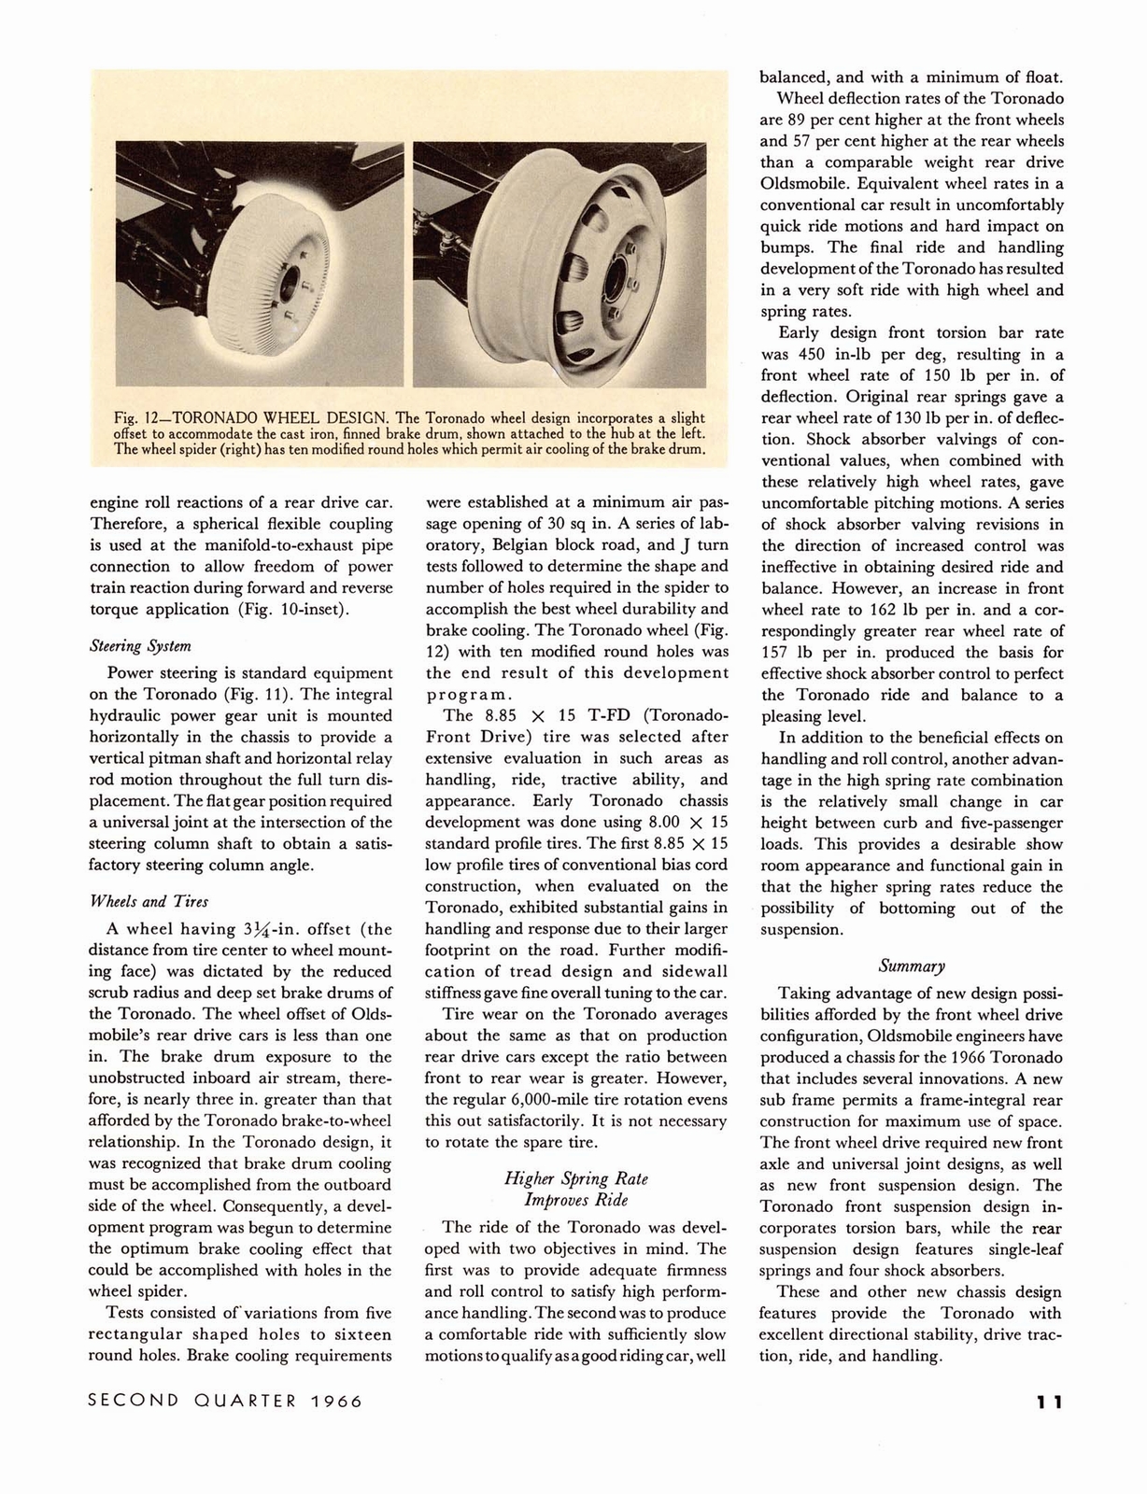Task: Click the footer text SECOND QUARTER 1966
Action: point(224,1402)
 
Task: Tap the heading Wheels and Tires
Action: point(149,901)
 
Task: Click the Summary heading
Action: point(912,965)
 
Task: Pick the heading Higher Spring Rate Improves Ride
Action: point(575,1189)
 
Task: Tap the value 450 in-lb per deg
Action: point(856,355)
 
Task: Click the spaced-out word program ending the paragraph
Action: point(470,694)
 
